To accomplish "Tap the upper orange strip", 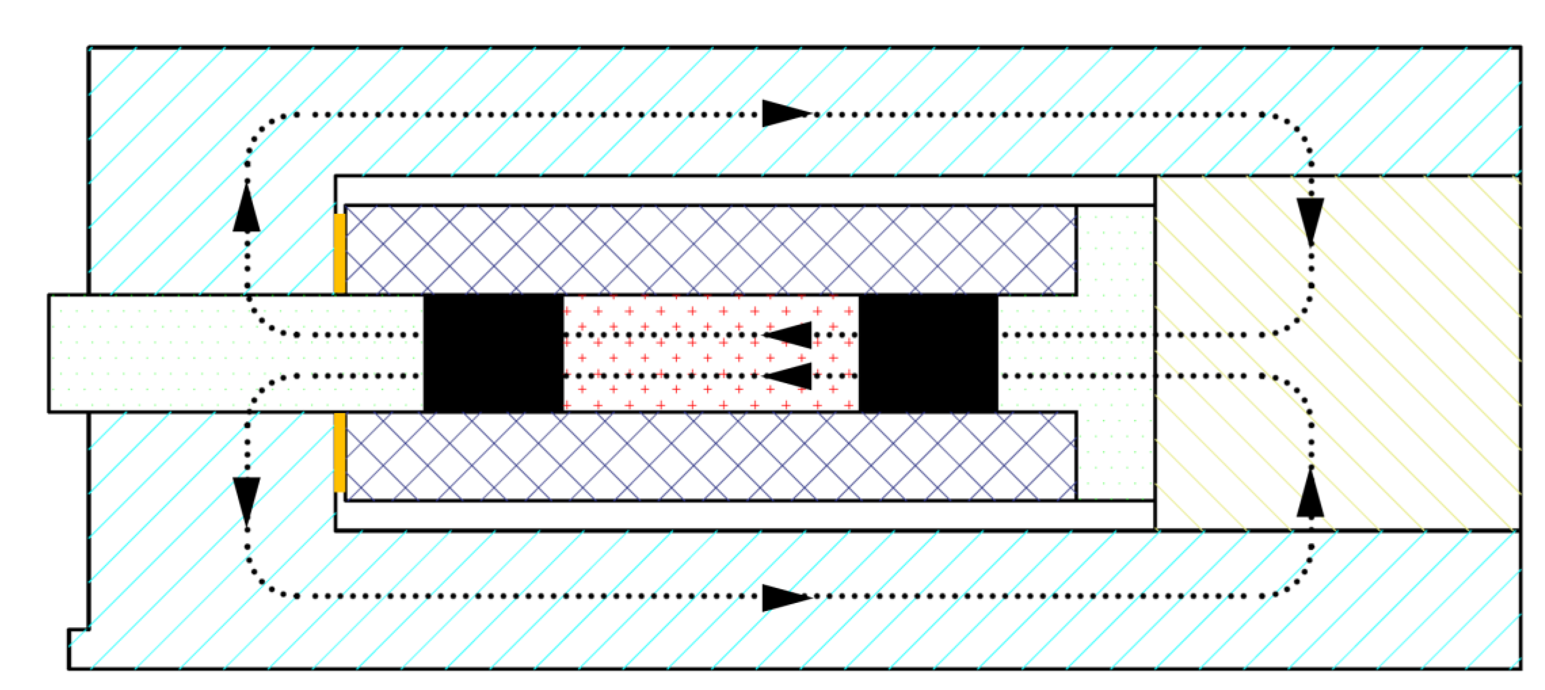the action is coord(339,253).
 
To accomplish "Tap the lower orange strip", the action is coord(339,452).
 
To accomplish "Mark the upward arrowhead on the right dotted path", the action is coord(1311,494).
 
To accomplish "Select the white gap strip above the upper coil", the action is coord(744,191).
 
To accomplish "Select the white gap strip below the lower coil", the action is coord(744,515).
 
